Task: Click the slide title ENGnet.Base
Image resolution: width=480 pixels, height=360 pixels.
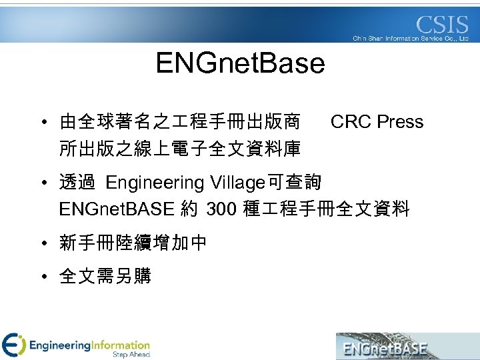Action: coord(240,64)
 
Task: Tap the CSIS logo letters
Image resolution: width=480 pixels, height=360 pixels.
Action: coord(442,26)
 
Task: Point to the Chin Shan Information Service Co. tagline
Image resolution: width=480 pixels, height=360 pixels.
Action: coord(411,39)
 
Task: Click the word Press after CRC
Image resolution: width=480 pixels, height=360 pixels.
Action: coord(400,122)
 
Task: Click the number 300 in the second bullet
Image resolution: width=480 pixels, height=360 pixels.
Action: coord(221,210)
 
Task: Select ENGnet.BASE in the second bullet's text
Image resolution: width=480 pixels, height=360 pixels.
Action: coord(117,210)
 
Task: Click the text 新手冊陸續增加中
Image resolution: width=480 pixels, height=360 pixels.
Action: coord(133,243)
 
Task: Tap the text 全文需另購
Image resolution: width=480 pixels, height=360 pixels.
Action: coord(105,275)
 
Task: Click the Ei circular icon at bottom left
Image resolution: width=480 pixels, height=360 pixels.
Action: coord(13,345)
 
